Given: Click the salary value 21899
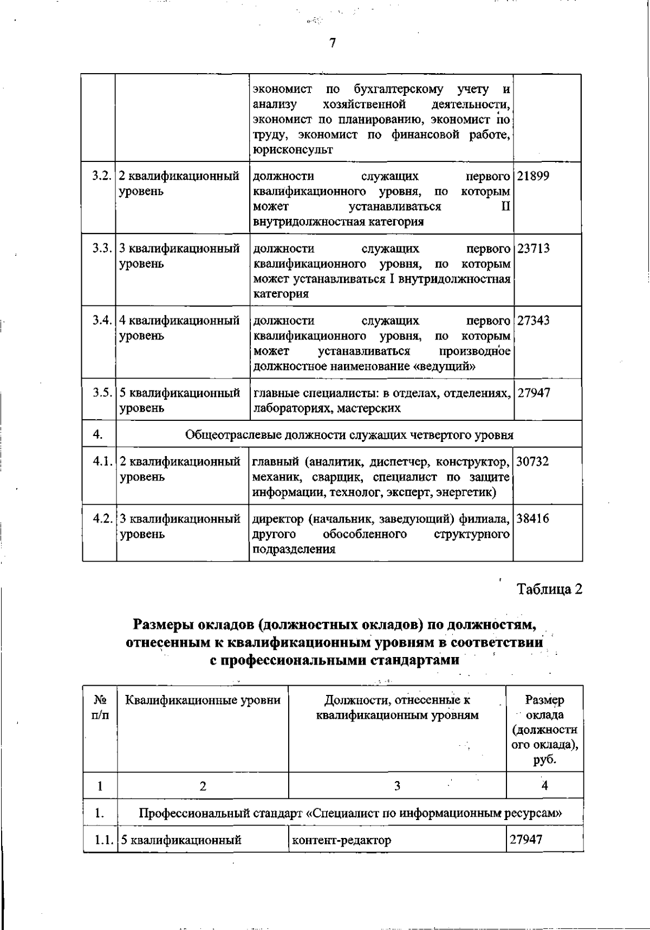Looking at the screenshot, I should coord(533,176).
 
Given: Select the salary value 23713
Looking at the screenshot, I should coord(534,249).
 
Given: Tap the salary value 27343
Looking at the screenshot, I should coord(534,321).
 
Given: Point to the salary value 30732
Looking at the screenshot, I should coord(533,461).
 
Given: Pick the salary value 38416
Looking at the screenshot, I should coord(533,519).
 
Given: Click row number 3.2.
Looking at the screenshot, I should coord(102,176).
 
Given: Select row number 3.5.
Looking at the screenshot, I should coord(102,393).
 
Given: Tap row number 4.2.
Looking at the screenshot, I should coord(102,519).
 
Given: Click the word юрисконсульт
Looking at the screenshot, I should coord(292,150).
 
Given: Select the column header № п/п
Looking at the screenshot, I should coord(100,707).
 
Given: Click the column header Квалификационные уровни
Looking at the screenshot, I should coord(203,700).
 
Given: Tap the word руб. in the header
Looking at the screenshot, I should coord(544,760).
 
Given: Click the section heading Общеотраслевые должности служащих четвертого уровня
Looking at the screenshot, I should coord(349,434).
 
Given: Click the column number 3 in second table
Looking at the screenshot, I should coord(397,786).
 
